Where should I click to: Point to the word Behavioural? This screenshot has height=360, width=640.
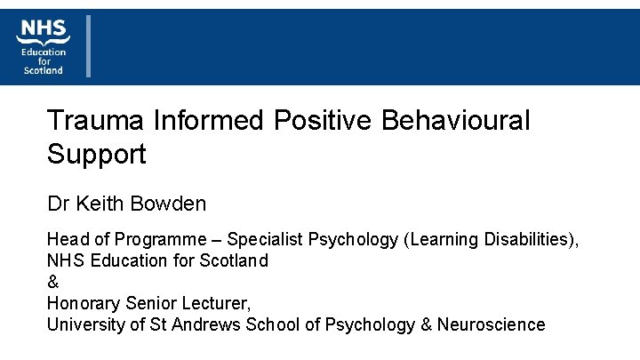tap(455, 121)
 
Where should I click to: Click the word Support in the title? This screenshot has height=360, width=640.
tap(97, 155)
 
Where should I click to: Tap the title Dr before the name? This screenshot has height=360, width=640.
tap(58, 204)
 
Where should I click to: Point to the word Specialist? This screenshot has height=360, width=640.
tap(264, 240)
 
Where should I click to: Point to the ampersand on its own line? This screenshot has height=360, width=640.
tap(52, 283)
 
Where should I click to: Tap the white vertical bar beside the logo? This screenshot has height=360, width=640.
tap(88, 45)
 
